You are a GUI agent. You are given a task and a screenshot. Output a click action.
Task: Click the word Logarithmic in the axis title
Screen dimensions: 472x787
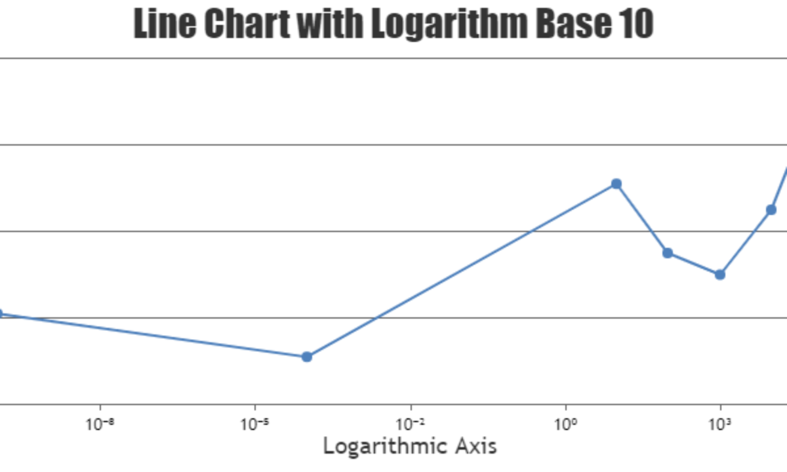(x=381, y=446)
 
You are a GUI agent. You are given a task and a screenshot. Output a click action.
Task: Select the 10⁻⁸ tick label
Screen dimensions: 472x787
(x=100, y=423)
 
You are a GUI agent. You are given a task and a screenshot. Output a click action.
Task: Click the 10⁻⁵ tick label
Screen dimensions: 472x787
(x=255, y=423)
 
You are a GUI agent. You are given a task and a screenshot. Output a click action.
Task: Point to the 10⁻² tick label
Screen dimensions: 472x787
(x=411, y=423)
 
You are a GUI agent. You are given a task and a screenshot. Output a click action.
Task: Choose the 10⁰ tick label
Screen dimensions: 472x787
(x=565, y=423)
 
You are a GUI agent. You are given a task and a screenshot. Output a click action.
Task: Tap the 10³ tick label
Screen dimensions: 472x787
(x=720, y=423)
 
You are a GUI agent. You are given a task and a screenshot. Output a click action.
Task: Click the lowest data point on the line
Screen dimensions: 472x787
(x=306, y=357)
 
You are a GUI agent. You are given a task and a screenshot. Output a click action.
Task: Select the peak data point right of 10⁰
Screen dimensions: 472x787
(x=616, y=184)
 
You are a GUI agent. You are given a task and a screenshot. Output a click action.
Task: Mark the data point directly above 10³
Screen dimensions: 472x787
(x=719, y=274)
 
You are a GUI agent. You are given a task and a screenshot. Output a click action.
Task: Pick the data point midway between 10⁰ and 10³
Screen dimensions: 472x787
(x=668, y=253)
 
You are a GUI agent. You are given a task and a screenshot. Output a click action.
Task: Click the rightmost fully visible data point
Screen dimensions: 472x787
(x=771, y=210)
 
